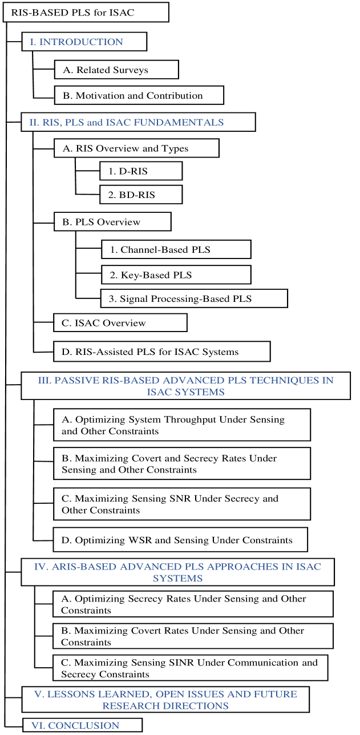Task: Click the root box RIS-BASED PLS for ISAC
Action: [86, 12]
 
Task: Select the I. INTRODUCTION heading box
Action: [84, 42]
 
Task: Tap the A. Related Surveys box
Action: [116, 70]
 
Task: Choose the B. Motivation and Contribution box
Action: [139, 95]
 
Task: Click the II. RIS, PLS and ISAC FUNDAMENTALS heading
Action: [138, 122]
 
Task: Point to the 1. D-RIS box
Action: [140, 171]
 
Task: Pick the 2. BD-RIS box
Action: [140, 195]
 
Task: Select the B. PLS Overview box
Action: [112, 222]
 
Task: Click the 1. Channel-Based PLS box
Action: [176, 249]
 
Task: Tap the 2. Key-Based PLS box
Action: [176, 274]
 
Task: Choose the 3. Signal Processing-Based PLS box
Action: [193, 298]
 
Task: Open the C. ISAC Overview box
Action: [120, 322]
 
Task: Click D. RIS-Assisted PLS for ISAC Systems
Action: [161, 352]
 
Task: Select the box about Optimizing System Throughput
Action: [182, 425]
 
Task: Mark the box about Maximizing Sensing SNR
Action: [182, 504]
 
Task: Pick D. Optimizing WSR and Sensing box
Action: [180, 540]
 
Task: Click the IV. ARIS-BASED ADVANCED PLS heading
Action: [177, 572]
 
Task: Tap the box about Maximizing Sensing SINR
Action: [191, 668]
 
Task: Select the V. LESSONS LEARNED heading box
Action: [165, 700]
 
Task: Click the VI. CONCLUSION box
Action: [82, 725]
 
